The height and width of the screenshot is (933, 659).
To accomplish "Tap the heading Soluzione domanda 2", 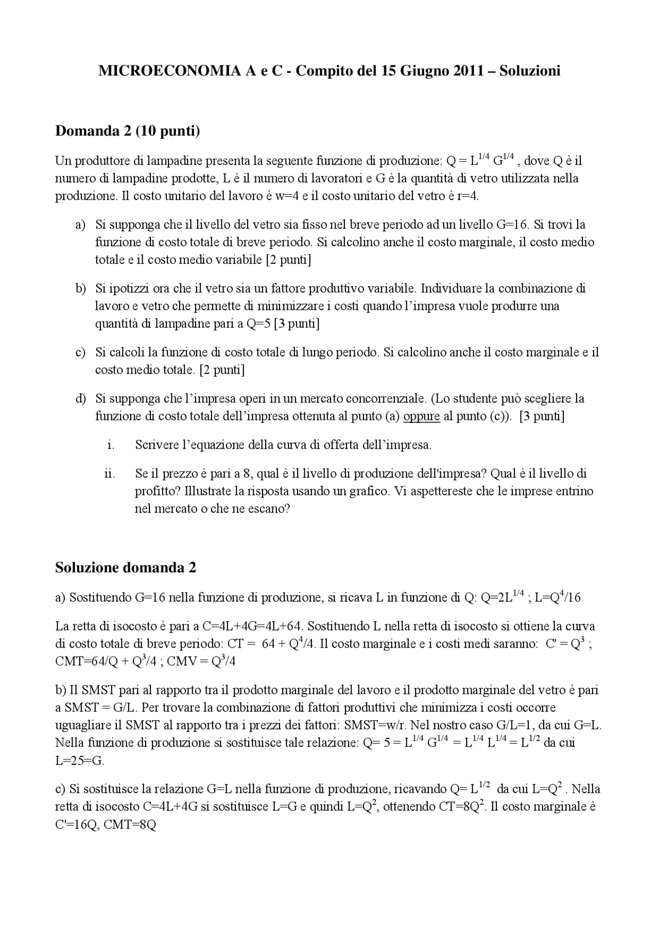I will point(126,568).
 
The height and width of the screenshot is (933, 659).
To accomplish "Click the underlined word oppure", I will point(421,416).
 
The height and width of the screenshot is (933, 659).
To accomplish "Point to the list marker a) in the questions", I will point(80,225).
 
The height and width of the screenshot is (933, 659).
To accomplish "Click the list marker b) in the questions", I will point(80,289).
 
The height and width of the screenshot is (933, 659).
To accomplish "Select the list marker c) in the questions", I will point(80,353).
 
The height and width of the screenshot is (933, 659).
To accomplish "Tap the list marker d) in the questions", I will point(80,399).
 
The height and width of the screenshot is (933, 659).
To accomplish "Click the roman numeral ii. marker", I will point(109,473).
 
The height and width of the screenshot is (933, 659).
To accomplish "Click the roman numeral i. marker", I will point(111,445).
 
